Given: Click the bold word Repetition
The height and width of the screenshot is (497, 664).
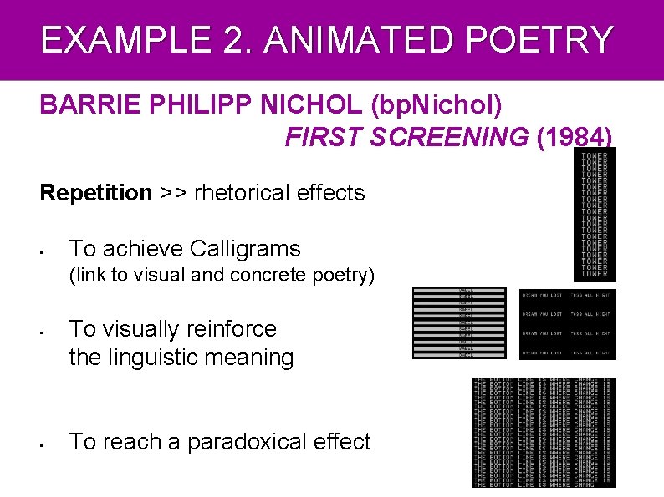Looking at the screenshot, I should [x=96, y=193].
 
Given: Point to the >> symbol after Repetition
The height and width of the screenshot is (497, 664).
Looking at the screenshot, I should [x=173, y=193].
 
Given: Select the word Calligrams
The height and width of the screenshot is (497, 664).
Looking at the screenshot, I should [x=245, y=249].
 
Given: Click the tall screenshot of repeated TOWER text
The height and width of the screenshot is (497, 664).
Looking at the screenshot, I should [x=595, y=215].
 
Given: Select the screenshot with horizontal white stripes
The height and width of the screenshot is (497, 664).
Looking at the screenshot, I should [x=459, y=323].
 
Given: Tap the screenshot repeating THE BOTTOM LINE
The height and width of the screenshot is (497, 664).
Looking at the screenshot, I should [x=544, y=432].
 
